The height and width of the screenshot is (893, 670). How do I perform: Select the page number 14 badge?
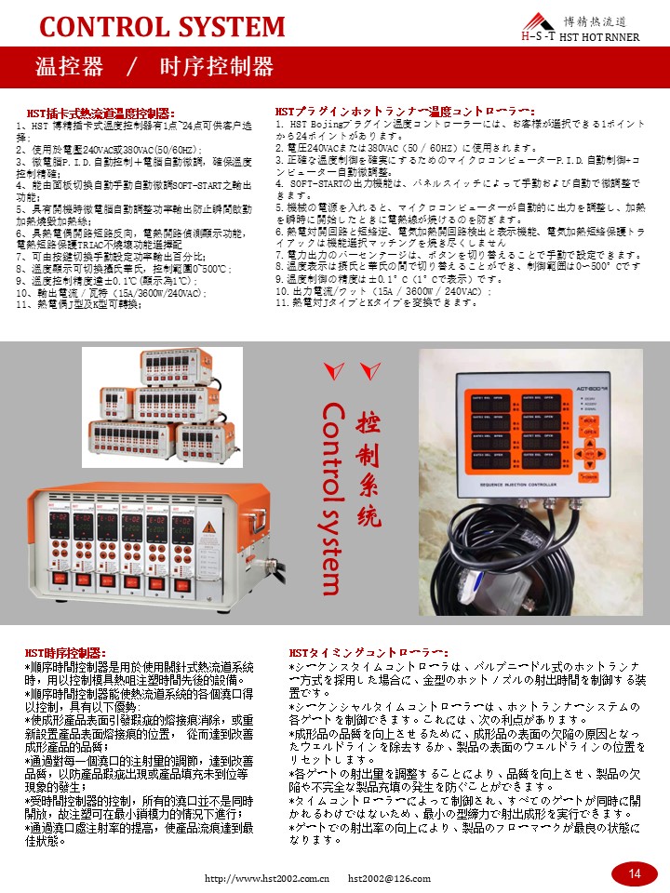point(635,873)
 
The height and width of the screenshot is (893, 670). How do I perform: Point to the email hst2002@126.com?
point(389,878)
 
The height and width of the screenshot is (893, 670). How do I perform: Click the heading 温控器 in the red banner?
point(68,66)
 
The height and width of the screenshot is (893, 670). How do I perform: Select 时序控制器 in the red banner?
point(216,66)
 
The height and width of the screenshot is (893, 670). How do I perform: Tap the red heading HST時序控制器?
point(65,654)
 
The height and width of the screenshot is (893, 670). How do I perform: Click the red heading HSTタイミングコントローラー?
point(369,654)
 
